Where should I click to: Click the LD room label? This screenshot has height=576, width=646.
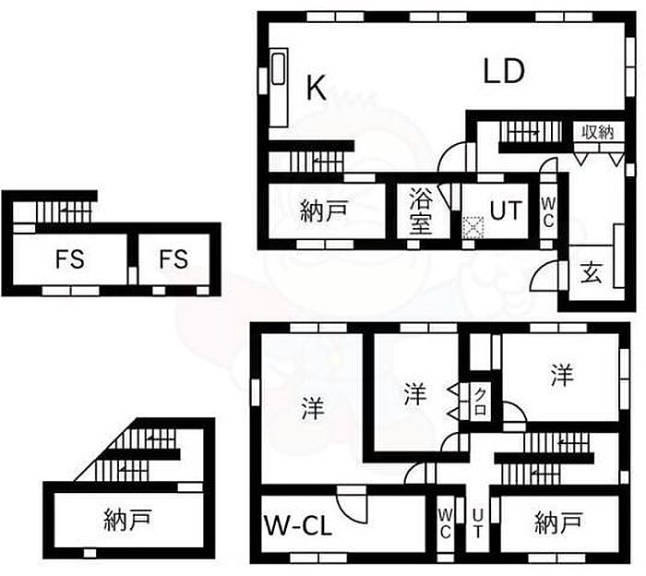click(x=504, y=72)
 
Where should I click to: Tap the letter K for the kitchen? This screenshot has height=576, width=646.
click(x=317, y=88)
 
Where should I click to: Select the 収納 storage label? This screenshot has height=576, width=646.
click(x=597, y=132)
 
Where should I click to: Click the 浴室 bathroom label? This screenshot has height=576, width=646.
click(x=421, y=211)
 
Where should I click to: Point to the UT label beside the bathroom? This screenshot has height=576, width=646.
click(x=506, y=210)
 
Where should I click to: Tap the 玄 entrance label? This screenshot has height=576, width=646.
click(x=591, y=272)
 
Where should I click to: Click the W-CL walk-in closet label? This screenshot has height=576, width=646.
click(x=297, y=526)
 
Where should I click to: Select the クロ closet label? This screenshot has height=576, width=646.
click(x=480, y=401)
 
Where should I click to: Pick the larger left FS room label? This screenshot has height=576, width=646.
click(x=70, y=259)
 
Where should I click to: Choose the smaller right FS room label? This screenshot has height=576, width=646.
click(x=173, y=259)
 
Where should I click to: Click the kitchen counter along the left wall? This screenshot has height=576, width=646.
click(x=279, y=89)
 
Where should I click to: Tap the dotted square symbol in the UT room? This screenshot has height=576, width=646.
click(x=473, y=227)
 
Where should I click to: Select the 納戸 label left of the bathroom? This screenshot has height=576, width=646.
click(x=324, y=211)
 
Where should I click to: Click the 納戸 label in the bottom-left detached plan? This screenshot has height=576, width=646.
click(x=127, y=519)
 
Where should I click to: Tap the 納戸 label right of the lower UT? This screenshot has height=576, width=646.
click(x=558, y=522)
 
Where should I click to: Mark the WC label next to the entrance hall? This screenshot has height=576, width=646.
click(x=548, y=211)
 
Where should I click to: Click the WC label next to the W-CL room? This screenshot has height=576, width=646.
click(x=446, y=523)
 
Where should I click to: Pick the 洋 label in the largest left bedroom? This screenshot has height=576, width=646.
click(x=313, y=408)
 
